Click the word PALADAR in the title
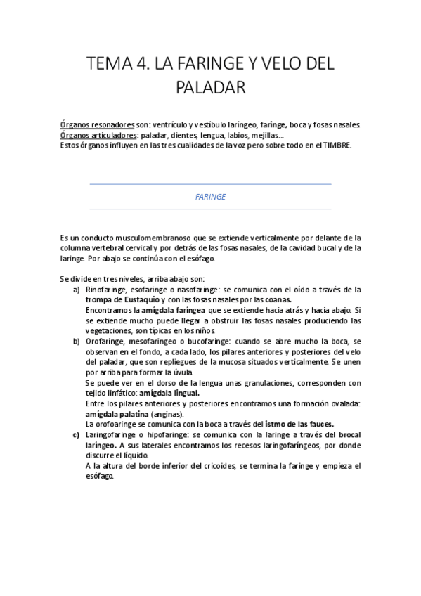[x=210, y=88]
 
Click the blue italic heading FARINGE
[x=210, y=197]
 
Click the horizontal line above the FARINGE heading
[x=210, y=185]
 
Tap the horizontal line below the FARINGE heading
[x=210, y=209]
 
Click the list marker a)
[x=77, y=290]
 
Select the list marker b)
[x=77, y=341]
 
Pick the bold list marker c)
[x=77, y=434]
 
